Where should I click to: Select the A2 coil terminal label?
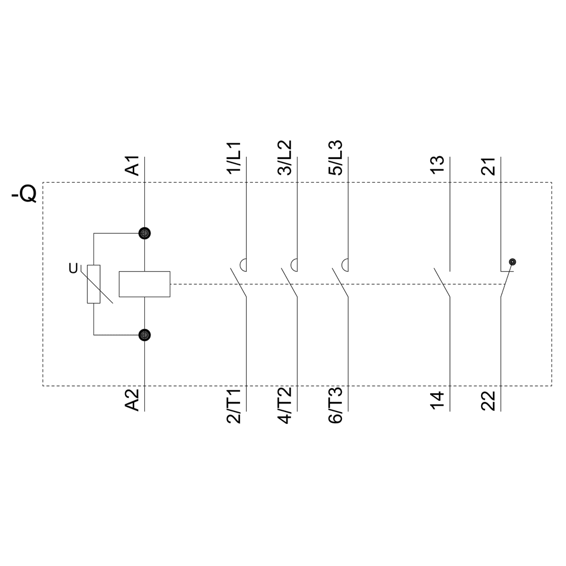(x=132, y=400)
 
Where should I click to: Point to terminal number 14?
(x=437, y=400)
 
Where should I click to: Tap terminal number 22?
(x=488, y=400)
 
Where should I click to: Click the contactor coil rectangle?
(x=144, y=284)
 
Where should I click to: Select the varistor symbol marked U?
(x=93, y=284)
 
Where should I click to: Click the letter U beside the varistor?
(x=73, y=269)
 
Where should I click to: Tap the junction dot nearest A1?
(x=145, y=233)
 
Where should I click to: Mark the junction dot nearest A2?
(x=145, y=335)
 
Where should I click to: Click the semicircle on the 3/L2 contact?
(x=295, y=264)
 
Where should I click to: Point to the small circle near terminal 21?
(x=512, y=261)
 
